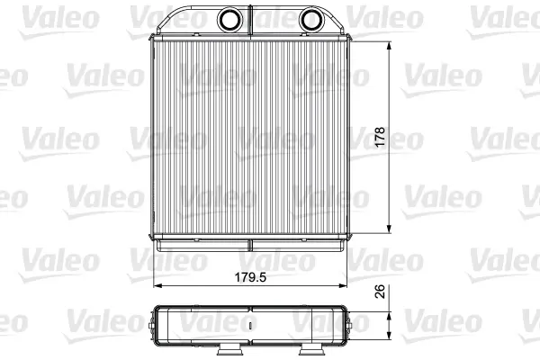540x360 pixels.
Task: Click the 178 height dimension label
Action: click(380, 137)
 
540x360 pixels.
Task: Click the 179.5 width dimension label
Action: click(250, 277)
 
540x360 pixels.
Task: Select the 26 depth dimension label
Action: click(379, 292)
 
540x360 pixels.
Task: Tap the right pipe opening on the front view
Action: click(311, 20)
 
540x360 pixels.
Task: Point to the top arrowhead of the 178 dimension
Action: click(389, 46)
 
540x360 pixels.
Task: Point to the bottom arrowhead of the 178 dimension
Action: click(389, 229)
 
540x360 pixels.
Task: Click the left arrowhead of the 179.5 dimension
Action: click(157, 285)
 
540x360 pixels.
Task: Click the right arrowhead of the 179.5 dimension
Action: click(342, 285)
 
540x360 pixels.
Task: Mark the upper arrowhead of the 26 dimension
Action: click(389, 317)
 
